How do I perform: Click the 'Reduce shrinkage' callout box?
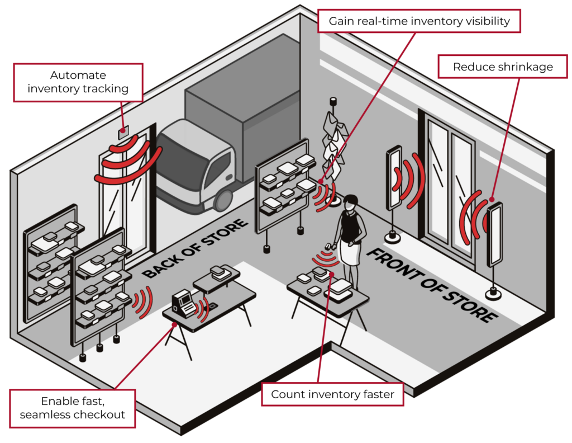(x=502, y=67)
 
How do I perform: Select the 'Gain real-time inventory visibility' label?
(x=418, y=21)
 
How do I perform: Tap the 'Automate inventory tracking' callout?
(x=78, y=82)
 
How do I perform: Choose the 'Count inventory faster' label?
(x=332, y=394)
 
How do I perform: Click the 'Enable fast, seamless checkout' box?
(x=72, y=408)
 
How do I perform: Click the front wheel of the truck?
(x=223, y=199)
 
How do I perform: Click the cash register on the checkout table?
(x=183, y=302)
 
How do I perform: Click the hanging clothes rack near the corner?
(x=336, y=143)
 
